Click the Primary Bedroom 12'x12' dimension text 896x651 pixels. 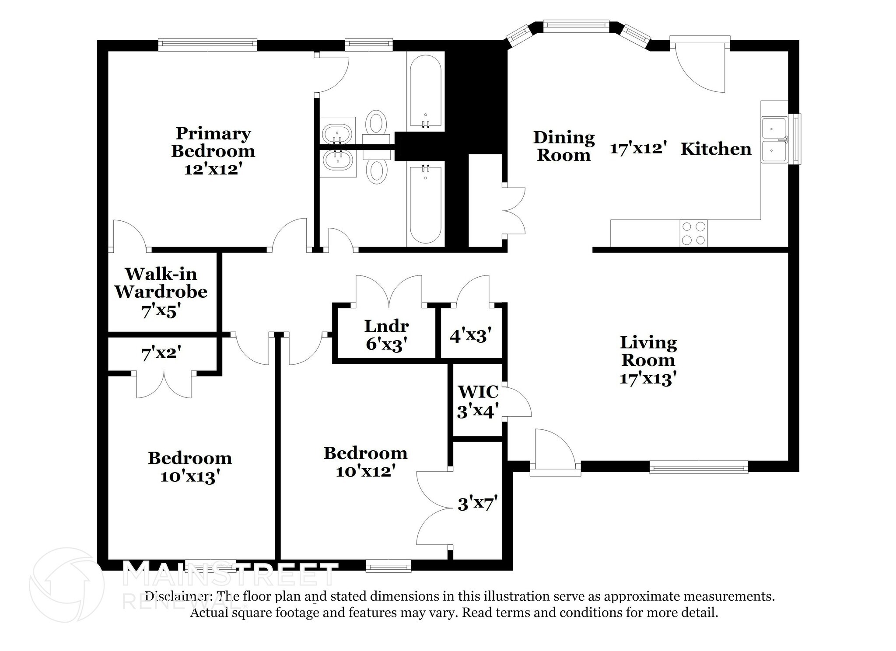pyautogui.click(x=213, y=169)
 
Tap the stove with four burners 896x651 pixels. pyautogui.click(x=693, y=233)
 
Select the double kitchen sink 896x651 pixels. pyautogui.click(x=774, y=139)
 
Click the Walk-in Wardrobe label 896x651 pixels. pyautogui.click(x=161, y=283)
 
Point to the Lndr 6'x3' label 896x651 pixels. pyautogui.click(x=386, y=335)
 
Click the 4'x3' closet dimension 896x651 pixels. pyautogui.click(x=470, y=335)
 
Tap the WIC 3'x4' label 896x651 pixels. pyautogui.click(x=477, y=401)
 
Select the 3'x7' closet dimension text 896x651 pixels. pyautogui.click(x=477, y=504)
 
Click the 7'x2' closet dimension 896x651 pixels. pyautogui.click(x=161, y=353)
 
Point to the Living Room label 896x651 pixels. pyautogui.click(x=648, y=352)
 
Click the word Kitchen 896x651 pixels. pyautogui.click(x=716, y=149)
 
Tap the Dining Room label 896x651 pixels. pyautogui.click(x=563, y=146)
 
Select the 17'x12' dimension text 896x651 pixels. pyautogui.click(x=638, y=148)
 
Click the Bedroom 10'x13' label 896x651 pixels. pyautogui.click(x=189, y=467)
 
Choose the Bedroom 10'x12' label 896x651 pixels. pyautogui.click(x=365, y=461)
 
